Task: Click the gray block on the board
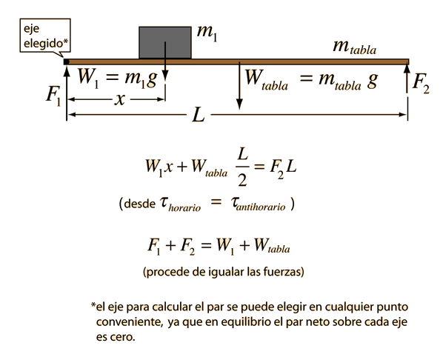(165, 42)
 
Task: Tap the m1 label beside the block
(207, 33)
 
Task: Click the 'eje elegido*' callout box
(45, 36)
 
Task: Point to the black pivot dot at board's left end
(66, 61)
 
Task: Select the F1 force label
(53, 96)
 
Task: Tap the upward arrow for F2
(407, 79)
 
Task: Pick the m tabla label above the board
(355, 47)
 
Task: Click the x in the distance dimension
(119, 99)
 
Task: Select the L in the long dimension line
(199, 115)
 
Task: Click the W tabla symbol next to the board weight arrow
(266, 80)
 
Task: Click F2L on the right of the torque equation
(283, 168)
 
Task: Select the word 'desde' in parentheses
(139, 204)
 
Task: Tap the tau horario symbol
(180, 204)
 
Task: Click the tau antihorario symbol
(258, 204)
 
